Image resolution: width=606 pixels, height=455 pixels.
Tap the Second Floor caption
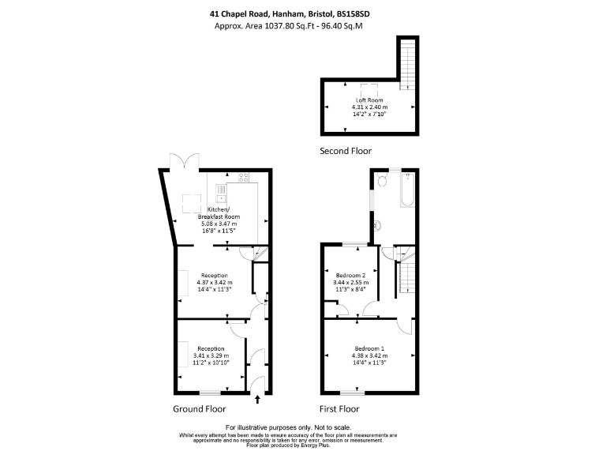tap(345, 150)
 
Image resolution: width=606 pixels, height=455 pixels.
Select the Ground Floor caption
tap(199, 409)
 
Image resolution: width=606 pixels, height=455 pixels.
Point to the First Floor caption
tap(339, 409)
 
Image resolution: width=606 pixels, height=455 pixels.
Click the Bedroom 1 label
tap(370, 349)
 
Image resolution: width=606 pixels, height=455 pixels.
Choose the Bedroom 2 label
tap(351, 275)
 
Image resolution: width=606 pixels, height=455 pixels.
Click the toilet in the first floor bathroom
tap(382, 181)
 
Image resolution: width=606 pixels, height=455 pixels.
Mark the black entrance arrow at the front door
tap(257, 401)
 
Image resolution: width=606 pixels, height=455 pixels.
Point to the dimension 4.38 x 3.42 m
tap(370, 356)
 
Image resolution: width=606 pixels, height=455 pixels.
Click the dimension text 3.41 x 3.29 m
tap(211, 356)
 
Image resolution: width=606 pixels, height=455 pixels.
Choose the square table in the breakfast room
tap(193, 202)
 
